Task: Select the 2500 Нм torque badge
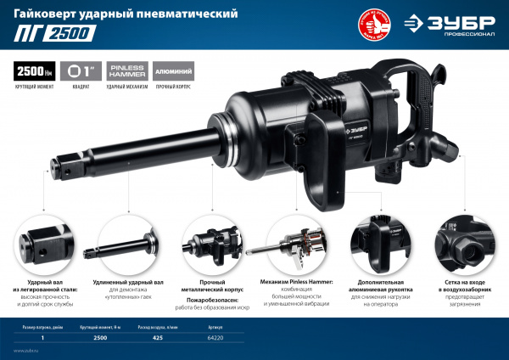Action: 35,71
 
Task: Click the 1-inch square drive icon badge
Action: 79,71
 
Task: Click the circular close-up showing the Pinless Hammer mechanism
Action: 297,242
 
